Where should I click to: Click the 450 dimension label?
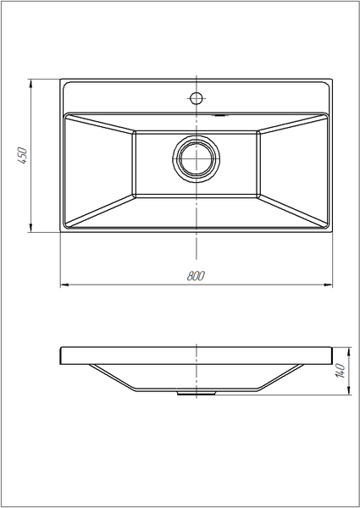click(x=23, y=156)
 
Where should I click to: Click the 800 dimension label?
click(x=196, y=276)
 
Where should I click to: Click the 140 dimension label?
click(x=340, y=371)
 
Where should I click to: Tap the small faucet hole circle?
click(x=197, y=98)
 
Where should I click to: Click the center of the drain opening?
click(x=197, y=159)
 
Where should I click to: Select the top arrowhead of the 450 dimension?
click(x=30, y=84)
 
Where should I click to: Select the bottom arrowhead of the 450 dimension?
click(x=30, y=228)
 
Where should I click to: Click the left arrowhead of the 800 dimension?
click(x=65, y=285)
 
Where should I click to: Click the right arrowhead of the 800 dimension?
click(x=328, y=285)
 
